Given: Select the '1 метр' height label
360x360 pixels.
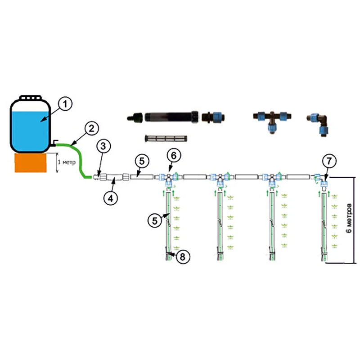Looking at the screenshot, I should pos(67,163).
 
